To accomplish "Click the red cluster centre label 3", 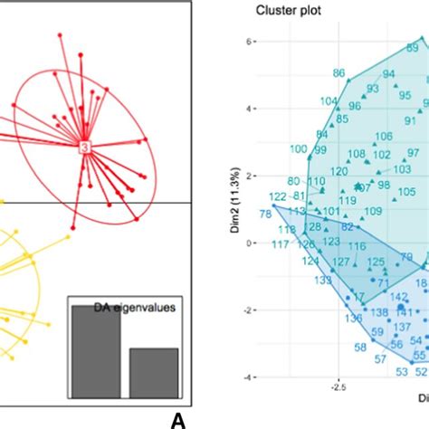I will tap(84, 147).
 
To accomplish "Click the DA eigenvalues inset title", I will tap(135, 309).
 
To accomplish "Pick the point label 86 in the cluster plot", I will tap(340, 73).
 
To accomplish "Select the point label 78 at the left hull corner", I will tap(264, 214).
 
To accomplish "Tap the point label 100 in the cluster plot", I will tap(297, 149).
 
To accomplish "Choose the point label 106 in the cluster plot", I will tap(384, 136).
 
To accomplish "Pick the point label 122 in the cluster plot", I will tap(277, 196).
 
